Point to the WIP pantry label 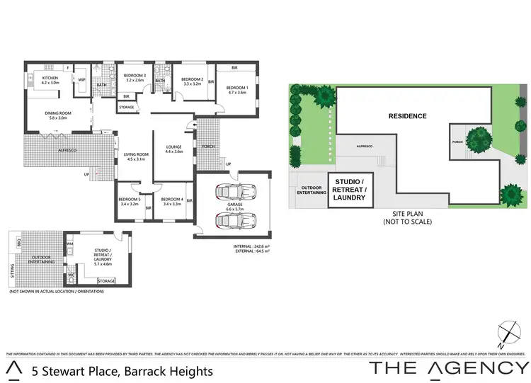coord(81,80)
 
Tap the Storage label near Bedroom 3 coord(127,108)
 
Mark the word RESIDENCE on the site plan coord(407,115)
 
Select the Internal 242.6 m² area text coord(251,246)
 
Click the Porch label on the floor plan coord(208,147)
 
